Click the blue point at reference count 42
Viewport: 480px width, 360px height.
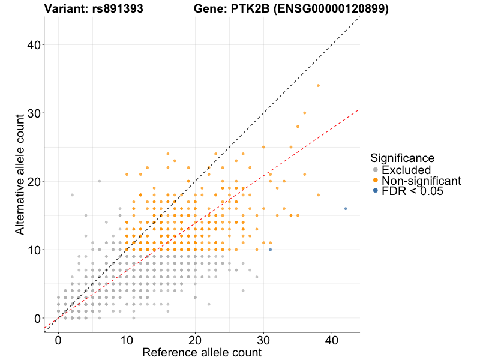[x=346, y=209]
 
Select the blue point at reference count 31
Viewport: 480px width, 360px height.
[x=271, y=250]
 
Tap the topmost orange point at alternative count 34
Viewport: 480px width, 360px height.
[x=319, y=86]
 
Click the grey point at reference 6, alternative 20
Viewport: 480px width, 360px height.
[x=100, y=181]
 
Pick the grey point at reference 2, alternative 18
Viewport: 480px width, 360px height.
[x=72, y=195]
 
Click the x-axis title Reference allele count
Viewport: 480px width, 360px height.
[x=202, y=352]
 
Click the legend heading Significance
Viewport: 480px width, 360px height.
[x=402, y=158]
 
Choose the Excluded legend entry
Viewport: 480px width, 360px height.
[x=406, y=170]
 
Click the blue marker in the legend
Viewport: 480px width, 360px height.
[x=376, y=191]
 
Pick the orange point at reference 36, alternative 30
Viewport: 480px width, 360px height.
[x=305, y=113]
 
